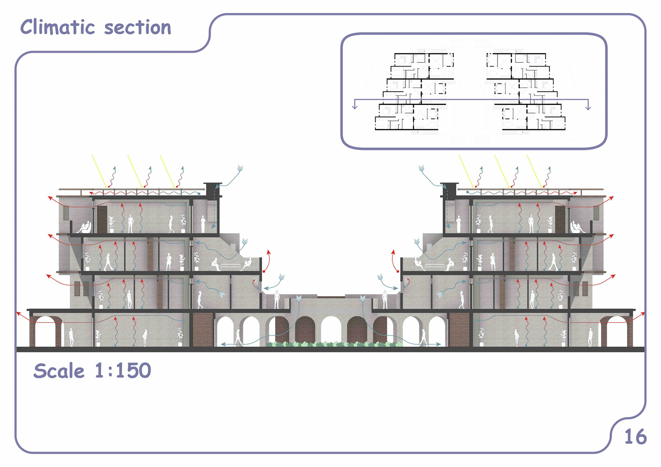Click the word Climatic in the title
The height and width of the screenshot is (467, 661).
point(57,27)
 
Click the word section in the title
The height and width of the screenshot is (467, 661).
point(137,28)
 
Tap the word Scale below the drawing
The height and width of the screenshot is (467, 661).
point(59,371)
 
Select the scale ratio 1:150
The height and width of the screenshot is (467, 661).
point(123,371)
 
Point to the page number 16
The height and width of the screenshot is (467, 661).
point(635,437)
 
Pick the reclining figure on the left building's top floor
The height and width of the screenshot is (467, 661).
point(85,227)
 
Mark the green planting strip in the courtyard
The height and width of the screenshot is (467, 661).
point(333,344)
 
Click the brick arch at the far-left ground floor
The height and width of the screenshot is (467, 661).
point(46,330)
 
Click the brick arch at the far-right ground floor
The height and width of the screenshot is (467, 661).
point(617,330)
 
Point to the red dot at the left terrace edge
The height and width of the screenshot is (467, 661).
point(264,272)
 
